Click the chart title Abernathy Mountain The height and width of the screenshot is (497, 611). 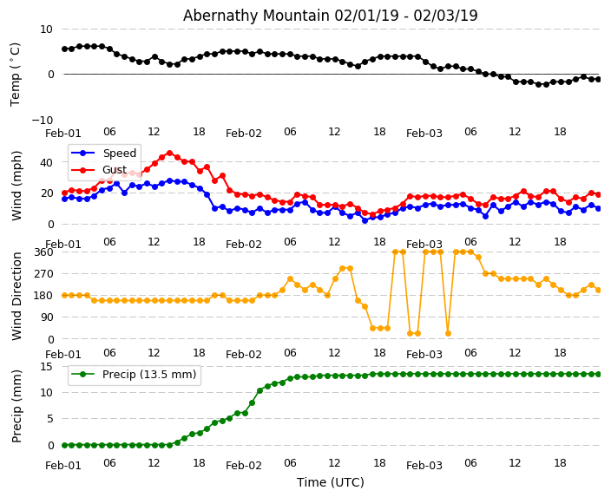[330, 16]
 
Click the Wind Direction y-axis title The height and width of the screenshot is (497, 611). [17, 296]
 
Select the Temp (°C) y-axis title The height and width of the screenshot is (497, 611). [16, 74]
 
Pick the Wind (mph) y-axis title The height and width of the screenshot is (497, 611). [17, 185]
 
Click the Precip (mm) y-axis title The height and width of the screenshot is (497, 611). [17, 405]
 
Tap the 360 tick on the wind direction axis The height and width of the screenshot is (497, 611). [43, 252]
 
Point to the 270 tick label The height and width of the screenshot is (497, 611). [43, 273]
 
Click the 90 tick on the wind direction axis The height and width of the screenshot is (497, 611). [47, 317]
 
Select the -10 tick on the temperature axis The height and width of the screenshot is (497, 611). [43, 120]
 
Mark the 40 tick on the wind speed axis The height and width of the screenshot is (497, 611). [47, 161]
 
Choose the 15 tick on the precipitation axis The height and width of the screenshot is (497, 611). [47, 366]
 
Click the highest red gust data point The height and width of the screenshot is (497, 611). [169, 153]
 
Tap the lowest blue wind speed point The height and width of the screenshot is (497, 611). [365, 220]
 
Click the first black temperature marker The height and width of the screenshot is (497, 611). [64, 49]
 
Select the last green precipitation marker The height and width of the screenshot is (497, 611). [598, 374]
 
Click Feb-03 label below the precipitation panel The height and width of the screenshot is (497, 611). [424, 465]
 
